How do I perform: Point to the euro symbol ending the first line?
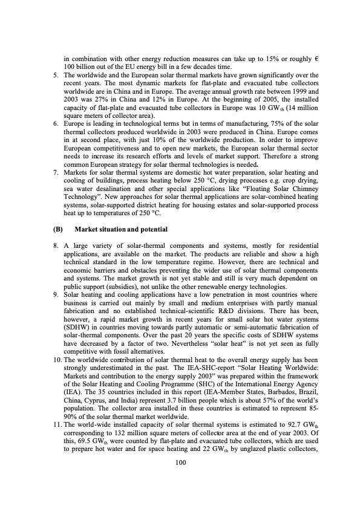[x=316, y=57]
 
